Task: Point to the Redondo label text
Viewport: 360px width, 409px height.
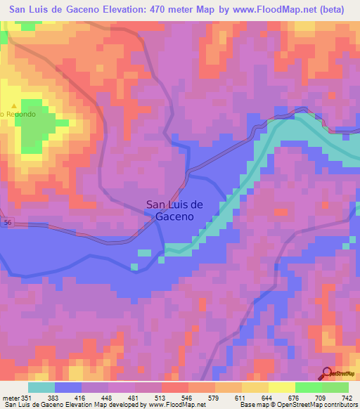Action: [14, 114]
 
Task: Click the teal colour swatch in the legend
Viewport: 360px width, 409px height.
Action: [41, 387]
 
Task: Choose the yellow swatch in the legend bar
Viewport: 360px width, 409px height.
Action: [282, 387]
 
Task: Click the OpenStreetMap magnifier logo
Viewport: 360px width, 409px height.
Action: [328, 375]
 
